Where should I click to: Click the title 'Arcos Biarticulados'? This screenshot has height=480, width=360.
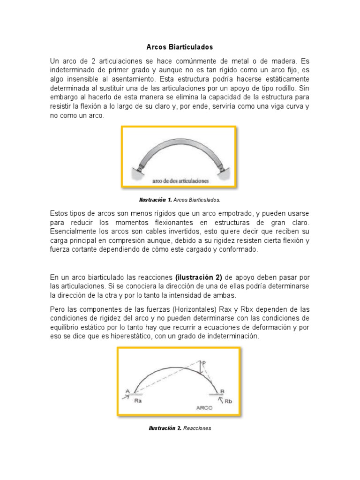pos(180,47)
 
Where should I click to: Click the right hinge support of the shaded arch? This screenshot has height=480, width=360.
pos(218,166)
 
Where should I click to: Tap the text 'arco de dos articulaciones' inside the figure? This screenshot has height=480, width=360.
pos(180,180)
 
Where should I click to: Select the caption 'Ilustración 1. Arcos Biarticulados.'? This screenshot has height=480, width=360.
pos(180,200)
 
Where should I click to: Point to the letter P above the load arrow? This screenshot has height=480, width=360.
pos(203,362)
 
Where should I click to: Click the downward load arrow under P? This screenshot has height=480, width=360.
pos(200,369)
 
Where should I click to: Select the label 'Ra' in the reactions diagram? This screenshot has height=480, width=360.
pos(138,401)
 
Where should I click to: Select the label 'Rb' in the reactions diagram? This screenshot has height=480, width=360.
pos(228,401)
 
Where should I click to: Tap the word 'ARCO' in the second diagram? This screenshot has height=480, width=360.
pos(204,407)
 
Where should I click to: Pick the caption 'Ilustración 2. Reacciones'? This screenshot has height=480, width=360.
pos(180,428)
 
